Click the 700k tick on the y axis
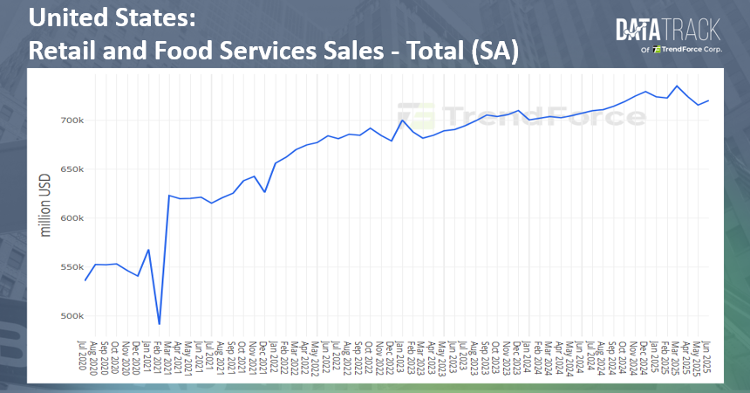pyautogui.click(x=72, y=120)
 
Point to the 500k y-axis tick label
pyautogui.click(x=72, y=316)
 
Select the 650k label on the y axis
pyautogui.click(x=72, y=169)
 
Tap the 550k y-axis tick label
pyautogui.click(x=72, y=267)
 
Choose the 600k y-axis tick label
pyautogui.click(x=72, y=218)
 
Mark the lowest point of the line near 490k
pyautogui.click(x=159, y=324)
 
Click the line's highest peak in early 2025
pyautogui.click(x=678, y=86)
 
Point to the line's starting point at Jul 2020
pyautogui.click(x=85, y=280)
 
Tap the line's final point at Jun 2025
pyautogui.click(x=708, y=100)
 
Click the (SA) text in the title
pyautogui.click(x=494, y=51)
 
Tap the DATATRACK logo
pyautogui.click(x=668, y=31)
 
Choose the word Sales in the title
pyautogui.click(x=351, y=51)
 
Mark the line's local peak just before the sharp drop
pyautogui.click(x=148, y=250)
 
